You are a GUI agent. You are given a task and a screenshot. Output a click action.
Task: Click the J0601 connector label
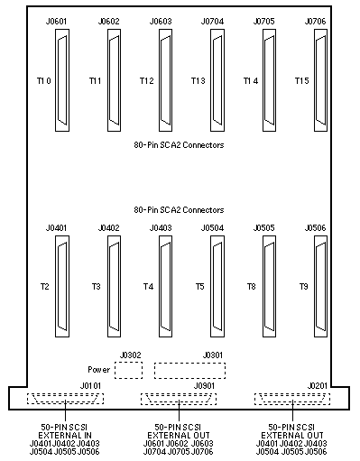point(56,22)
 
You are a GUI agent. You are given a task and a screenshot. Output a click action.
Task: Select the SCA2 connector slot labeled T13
point(217,80)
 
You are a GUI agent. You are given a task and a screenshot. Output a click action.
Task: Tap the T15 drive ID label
point(301,80)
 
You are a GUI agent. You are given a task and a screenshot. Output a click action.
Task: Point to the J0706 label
point(315,22)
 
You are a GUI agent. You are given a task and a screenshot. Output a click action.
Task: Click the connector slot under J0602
point(115,80)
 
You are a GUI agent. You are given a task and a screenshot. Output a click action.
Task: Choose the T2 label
point(45,287)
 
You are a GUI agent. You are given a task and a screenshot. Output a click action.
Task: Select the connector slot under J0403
point(165,286)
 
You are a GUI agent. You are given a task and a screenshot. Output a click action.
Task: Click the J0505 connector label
point(263,228)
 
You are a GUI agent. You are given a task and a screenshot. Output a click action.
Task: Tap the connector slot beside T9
point(320,286)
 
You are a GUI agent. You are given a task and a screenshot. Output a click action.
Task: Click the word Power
point(99,370)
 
